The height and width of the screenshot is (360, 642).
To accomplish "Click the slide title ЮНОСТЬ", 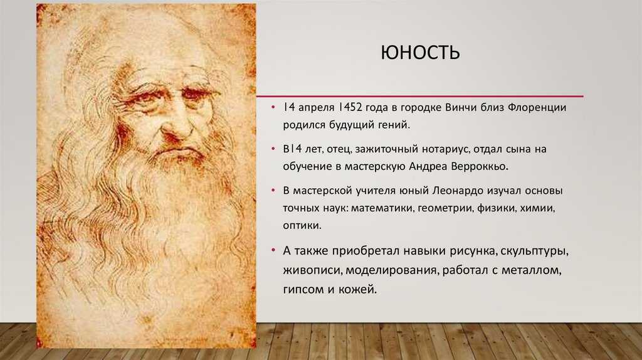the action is point(420,53).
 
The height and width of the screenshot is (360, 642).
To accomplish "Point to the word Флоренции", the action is point(537,107).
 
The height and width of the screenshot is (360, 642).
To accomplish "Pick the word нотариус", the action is point(445,149).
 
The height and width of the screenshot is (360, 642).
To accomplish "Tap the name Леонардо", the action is point(457,191).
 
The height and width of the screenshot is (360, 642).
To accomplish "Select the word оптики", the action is point(302,225).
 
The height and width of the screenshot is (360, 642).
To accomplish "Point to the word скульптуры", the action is point(534,251).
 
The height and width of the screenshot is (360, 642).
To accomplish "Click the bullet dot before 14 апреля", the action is point(273,107).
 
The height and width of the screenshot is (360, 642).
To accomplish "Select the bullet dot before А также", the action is point(273,250).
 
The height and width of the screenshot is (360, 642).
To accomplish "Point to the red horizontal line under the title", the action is point(419,97).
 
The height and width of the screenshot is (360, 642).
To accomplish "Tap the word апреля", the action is point(315,108).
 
